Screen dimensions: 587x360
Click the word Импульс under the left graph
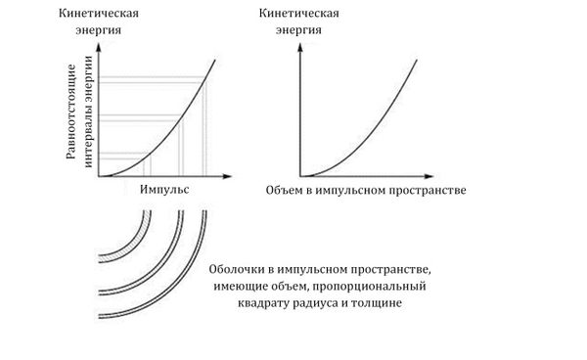[164, 187]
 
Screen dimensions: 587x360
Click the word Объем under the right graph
[286, 187]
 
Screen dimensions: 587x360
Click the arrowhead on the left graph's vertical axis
[103, 45]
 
